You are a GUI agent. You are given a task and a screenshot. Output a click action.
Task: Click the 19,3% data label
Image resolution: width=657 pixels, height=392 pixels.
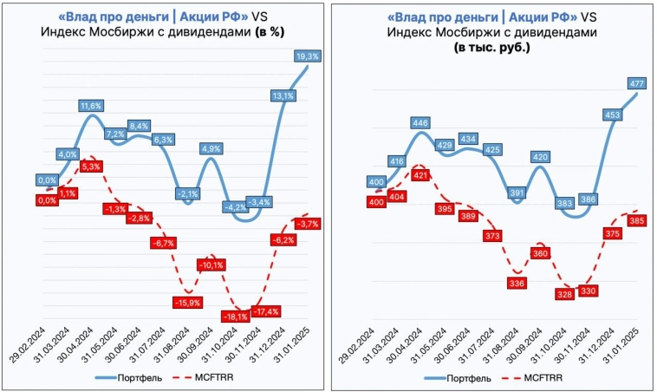pos(308,56)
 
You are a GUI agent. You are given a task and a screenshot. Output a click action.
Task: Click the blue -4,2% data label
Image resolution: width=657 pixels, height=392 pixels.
pos(235,207)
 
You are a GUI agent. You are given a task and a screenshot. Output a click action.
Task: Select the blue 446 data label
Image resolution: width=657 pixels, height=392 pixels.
pos(420,123)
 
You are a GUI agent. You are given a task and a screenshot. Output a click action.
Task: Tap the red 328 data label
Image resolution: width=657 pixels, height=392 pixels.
pos(564,295)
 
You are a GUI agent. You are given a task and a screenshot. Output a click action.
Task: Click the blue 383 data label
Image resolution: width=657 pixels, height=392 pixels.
pos(563,203)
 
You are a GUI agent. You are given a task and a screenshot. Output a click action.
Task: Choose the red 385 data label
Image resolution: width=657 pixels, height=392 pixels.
pos(637,220)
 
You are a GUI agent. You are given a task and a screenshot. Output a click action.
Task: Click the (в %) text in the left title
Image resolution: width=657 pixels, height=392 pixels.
pos(269,31)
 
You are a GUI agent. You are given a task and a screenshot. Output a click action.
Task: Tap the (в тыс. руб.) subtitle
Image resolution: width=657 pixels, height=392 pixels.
pos(491,47)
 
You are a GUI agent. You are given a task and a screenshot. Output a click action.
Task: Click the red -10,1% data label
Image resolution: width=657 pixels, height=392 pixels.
pos(211,265)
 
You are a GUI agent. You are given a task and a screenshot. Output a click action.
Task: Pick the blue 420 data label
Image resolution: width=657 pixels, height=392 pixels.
pos(540,157)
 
